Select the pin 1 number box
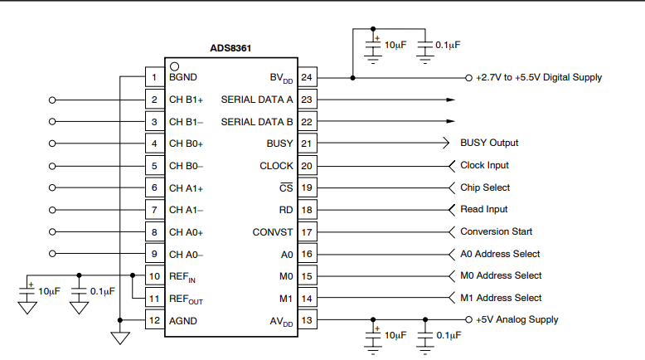(x=153, y=77)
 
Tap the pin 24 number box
(x=307, y=78)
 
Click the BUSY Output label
(x=488, y=143)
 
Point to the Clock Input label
(x=484, y=165)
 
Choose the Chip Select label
(x=485, y=187)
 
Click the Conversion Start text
(x=496, y=231)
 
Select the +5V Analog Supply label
(x=516, y=319)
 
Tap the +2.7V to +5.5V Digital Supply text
(x=539, y=77)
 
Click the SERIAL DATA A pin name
(x=257, y=100)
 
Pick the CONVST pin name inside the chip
(x=273, y=232)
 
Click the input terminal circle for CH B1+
(x=54, y=100)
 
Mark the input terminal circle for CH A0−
(x=54, y=254)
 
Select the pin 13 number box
(x=307, y=320)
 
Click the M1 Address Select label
(x=501, y=298)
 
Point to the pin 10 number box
(x=153, y=276)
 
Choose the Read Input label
(x=484, y=209)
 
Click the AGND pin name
(x=183, y=320)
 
